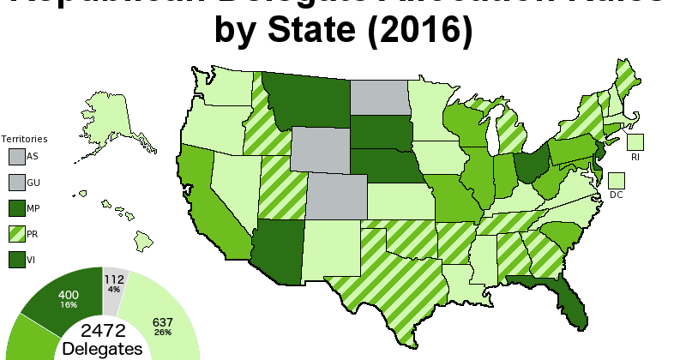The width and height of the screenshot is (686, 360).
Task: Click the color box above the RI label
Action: (635, 142)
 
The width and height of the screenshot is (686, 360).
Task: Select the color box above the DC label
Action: (617, 180)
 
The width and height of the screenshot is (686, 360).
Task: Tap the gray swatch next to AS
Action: (16, 156)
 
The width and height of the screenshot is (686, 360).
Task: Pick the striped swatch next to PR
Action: (16, 233)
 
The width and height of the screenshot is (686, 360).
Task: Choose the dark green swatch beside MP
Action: (16, 207)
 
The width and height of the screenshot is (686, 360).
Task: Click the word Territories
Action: (24, 138)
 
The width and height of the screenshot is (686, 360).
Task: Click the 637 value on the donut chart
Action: (162, 322)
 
